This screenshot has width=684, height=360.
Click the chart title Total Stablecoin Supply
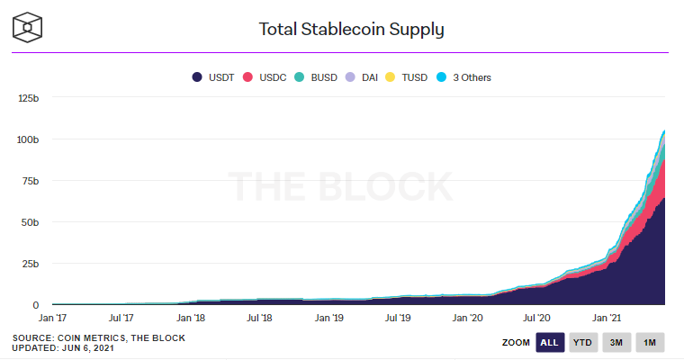tap(351, 29)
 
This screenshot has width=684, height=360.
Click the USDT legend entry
tap(213, 77)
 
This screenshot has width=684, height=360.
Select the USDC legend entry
tap(265, 77)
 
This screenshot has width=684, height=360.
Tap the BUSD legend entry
tap(317, 77)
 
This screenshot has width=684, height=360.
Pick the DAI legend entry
tap(363, 77)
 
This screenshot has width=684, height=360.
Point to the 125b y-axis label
tap(30, 97)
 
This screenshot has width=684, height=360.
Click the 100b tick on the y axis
tap(30, 139)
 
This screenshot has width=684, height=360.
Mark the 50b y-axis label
tap(32, 222)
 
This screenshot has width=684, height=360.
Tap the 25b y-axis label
tap(32, 264)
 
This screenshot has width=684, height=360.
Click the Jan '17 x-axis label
tap(53, 318)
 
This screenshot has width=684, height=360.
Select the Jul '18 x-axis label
tap(259, 318)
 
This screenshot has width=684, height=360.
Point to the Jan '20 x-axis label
tap(468, 318)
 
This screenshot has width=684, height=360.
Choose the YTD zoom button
tap(583, 342)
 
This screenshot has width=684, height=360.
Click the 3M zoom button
tap(616, 342)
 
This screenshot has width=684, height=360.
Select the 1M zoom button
tap(649, 342)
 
